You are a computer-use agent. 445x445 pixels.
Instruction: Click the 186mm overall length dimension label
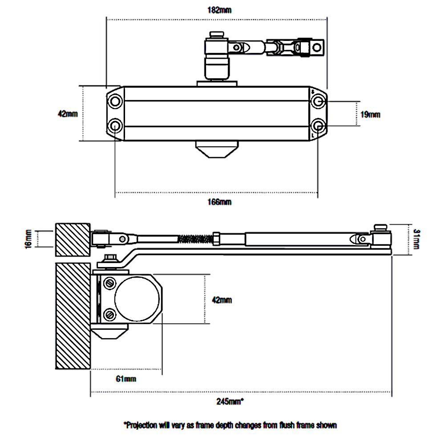tap(220, 10)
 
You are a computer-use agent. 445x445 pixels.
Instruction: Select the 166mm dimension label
tap(220, 202)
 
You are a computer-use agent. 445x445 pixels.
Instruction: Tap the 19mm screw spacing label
tap(370, 114)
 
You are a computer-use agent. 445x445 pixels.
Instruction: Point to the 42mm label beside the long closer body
tap(68, 113)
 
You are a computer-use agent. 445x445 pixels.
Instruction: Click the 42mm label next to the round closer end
tap(221, 300)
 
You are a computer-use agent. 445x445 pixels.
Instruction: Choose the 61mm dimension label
tap(126, 379)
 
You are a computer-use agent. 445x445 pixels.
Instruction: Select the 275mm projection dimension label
tap(229, 401)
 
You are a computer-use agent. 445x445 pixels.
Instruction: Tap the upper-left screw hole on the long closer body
tap(116, 101)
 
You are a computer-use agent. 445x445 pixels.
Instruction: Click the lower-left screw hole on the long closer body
tap(116, 125)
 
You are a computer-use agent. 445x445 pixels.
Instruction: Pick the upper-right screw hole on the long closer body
tap(318, 101)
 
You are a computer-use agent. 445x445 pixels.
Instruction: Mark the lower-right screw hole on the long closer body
tap(318, 125)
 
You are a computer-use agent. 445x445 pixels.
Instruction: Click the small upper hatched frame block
tap(73, 239)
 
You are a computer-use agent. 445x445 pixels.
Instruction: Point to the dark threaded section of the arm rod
tap(194, 239)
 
